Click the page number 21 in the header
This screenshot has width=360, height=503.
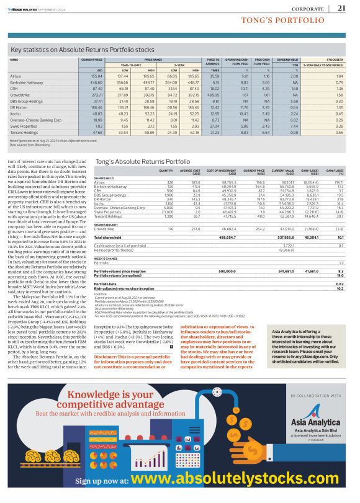(x=341, y=7)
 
